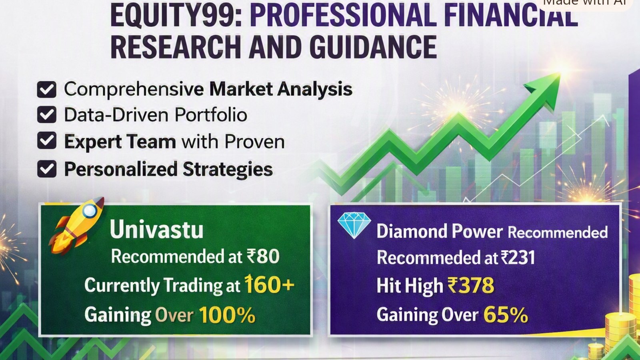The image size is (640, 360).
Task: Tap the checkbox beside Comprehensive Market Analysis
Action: pyautogui.click(x=46, y=90)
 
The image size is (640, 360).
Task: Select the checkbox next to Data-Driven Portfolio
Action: pyautogui.click(x=46, y=115)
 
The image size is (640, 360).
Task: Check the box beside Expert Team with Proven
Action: pyautogui.click(x=46, y=140)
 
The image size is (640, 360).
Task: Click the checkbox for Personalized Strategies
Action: pyautogui.click(x=46, y=169)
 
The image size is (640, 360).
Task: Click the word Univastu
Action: pyautogui.click(x=156, y=230)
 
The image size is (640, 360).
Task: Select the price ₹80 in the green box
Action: pyautogui.click(x=263, y=256)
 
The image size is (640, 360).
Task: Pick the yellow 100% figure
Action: pyautogui.click(x=227, y=315)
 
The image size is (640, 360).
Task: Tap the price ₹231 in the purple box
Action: pyautogui.click(x=518, y=258)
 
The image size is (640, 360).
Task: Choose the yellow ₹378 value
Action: pyautogui.click(x=470, y=285)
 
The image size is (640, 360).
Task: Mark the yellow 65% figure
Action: pyautogui.click(x=506, y=315)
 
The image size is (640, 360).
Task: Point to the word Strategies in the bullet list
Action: pyautogui.click(x=228, y=170)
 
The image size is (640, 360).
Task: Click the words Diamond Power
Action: pyautogui.click(x=440, y=232)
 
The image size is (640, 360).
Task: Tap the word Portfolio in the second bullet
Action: pyautogui.click(x=211, y=115)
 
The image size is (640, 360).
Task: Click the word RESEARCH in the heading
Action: pyautogui.click(x=174, y=47)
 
